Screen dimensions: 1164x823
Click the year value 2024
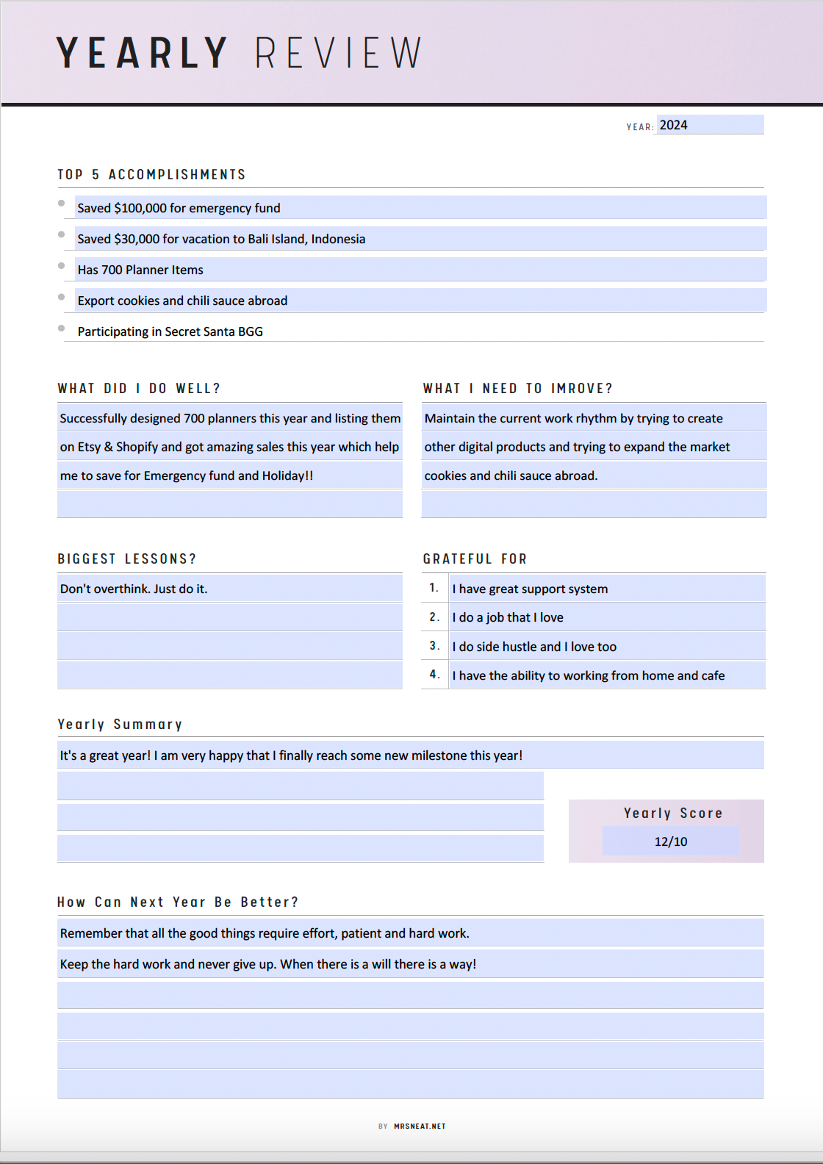click(x=673, y=125)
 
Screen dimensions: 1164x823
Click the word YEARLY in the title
click(x=142, y=53)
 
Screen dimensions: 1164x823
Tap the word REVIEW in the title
click(x=338, y=53)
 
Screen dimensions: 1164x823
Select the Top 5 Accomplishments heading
click(x=151, y=175)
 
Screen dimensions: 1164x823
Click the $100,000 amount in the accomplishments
click(x=140, y=208)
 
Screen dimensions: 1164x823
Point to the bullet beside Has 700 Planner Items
click(x=62, y=266)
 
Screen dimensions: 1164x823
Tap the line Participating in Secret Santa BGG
click(x=170, y=331)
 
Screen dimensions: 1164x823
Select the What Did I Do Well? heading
click(x=139, y=389)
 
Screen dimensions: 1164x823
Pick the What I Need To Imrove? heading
click(x=517, y=389)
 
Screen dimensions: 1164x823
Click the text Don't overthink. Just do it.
click(x=134, y=589)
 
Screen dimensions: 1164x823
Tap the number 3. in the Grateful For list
click(x=434, y=646)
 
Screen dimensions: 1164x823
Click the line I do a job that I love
click(x=508, y=617)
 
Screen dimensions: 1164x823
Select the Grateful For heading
click(x=475, y=559)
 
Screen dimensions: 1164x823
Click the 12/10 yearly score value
click(x=671, y=841)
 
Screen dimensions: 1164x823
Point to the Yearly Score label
click(x=673, y=813)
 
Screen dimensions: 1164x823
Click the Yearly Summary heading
click(x=120, y=725)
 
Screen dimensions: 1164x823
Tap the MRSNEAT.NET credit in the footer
click(x=420, y=1126)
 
